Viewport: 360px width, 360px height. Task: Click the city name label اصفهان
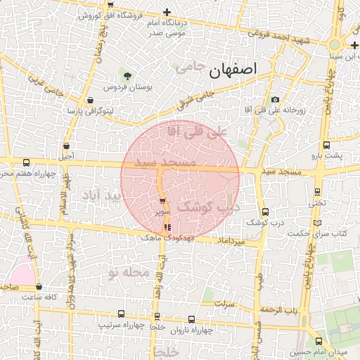tap(233, 70)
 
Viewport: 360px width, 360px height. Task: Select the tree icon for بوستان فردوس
tap(127, 75)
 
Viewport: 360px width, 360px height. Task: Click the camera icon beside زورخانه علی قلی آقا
tap(274, 100)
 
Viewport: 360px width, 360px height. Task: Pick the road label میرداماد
tap(232, 241)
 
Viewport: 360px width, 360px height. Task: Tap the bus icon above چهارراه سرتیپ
tap(122, 314)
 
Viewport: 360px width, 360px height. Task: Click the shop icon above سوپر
tap(163, 202)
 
